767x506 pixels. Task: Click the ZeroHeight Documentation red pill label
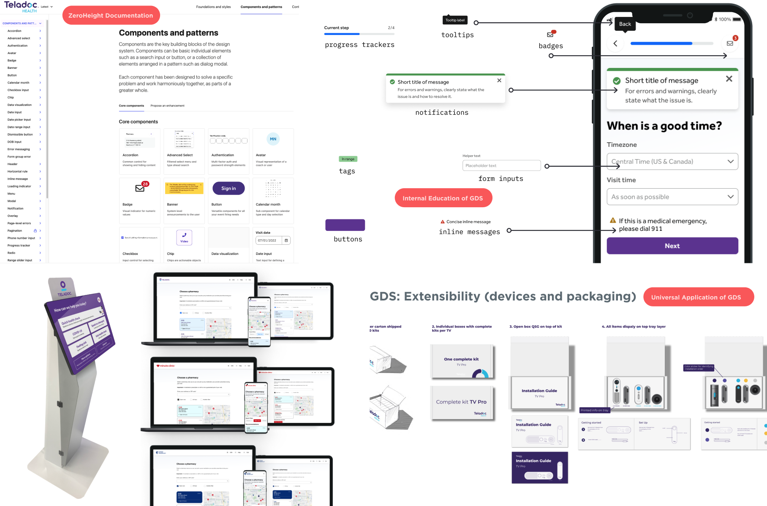pos(111,16)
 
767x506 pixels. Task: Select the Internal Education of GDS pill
pos(443,198)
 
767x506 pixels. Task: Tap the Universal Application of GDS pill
pos(698,297)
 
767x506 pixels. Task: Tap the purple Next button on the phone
pos(672,246)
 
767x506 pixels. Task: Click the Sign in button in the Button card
pos(228,188)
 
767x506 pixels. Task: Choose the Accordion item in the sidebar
pos(14,31)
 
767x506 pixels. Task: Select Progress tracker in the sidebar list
pos(19,245)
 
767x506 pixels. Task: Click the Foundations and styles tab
pos(213,7)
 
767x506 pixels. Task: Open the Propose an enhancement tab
pos(167,106)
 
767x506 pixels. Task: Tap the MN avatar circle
pos(273,139)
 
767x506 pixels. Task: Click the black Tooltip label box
pos(455,20)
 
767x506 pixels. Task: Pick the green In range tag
pos(348,159)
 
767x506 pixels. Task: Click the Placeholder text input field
pos(501,165)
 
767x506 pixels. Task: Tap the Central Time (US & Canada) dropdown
pos(672,162)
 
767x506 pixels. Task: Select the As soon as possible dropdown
pos(672,197)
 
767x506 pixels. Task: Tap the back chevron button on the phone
pos(615,43)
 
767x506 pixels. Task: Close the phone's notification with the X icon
pos(729,79)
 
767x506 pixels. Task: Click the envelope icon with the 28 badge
pos(140,188)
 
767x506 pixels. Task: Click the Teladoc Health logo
pos(21,6)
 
